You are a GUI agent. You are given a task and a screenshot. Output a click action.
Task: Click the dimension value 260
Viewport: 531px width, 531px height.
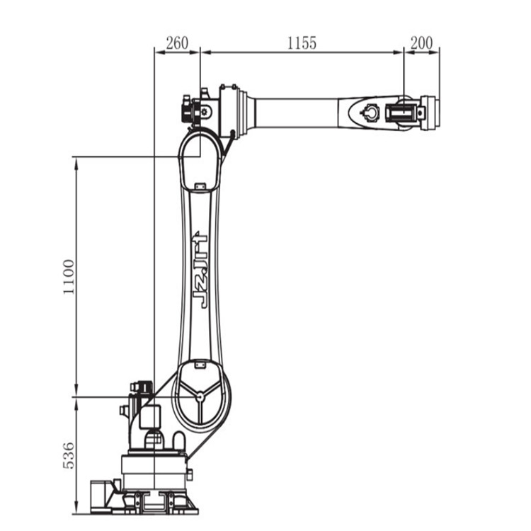point(177,43)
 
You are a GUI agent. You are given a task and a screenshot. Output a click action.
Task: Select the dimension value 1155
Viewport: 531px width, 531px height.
point(302,43)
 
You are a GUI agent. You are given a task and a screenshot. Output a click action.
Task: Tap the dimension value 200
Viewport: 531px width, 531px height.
point(422,43)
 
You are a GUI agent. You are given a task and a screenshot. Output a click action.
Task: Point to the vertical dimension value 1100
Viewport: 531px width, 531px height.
point(69,277)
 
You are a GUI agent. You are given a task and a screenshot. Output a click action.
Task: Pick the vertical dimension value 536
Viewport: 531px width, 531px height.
point(69,455)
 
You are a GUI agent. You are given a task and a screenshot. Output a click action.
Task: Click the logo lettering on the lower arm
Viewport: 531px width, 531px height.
point(200,270)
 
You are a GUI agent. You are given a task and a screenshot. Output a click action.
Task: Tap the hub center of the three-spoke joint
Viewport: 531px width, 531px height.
point(200,395)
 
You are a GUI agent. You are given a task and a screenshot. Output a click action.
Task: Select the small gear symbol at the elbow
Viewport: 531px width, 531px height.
point(204,111)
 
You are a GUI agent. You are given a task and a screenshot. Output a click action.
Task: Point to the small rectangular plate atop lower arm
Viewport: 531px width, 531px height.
point(200,186)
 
